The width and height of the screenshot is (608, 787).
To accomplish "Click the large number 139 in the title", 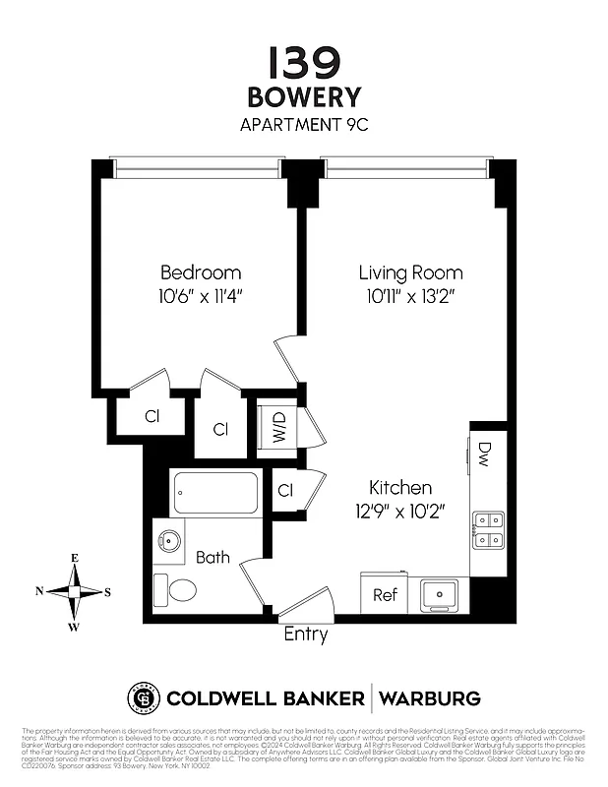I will coord(303,62).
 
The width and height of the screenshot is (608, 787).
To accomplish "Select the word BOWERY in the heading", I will coord(303,98).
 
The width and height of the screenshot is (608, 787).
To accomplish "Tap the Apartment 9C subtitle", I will coord(303,125).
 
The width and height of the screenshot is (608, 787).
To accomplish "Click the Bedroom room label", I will coord(201,272).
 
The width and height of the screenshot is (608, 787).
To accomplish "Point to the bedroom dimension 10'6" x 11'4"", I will coord(201,295).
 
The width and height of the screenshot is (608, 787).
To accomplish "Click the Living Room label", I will coord(410,272).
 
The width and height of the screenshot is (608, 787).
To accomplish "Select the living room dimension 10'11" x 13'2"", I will coord(410,295).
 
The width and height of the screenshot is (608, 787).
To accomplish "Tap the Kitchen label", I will coord(400,488).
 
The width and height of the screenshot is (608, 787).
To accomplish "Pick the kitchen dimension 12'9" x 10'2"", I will coord(400,511).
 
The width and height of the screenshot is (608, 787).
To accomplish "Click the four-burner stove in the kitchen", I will coord(488,528).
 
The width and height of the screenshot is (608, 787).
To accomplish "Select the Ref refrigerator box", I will coord(384,595).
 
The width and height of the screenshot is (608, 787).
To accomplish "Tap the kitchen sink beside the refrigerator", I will coord(438,594).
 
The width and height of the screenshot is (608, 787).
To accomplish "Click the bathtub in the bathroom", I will coord(215,493).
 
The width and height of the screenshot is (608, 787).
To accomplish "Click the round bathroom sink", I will coord(166,540).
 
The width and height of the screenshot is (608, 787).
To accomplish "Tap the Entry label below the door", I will coord(305,636).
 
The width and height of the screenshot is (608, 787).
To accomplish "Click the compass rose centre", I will coord(75,591).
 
